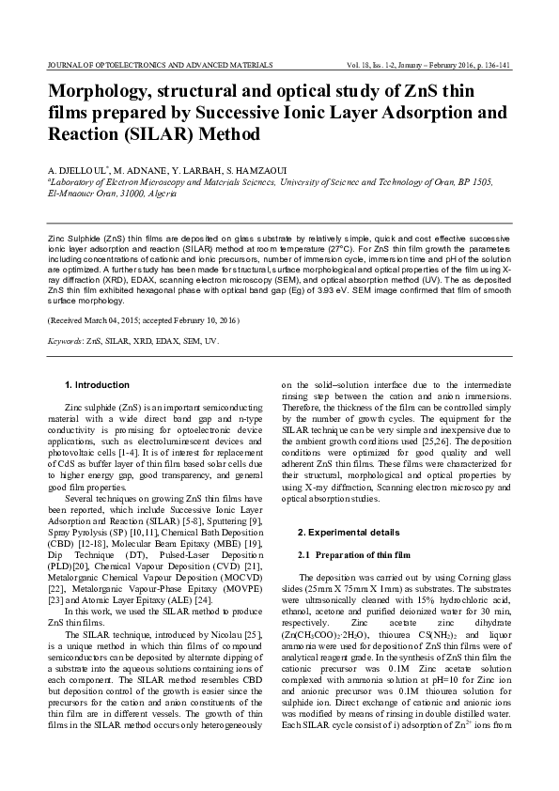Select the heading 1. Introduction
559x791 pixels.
pos(96,385)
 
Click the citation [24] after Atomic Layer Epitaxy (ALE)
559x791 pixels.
pos(202,573)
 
